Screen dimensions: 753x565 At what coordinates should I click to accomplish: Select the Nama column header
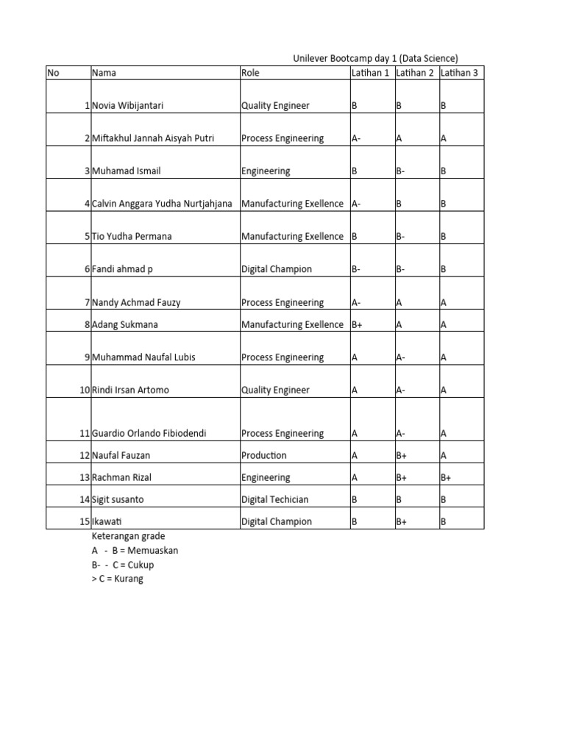pyautogui.click(x=104, y=73)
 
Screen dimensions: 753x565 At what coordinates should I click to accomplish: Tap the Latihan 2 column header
pyautogui.click(x=415, y=73)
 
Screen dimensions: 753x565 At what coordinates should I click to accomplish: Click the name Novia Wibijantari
pyautogui.click(x=128, y=105)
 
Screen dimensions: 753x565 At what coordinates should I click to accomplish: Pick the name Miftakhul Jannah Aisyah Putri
pyautogui.click(x=153, y=138)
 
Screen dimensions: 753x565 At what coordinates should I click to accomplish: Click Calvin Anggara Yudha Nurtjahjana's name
pyautogui.click(x=162, y=204)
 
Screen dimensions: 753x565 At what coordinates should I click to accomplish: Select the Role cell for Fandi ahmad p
pyautogui.click(x=277, y=269)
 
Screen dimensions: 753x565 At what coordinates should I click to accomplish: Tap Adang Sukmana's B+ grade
pyautogui.click(x=358, y=324)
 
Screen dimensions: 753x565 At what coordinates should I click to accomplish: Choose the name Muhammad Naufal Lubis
pyautogui.click(x=143, y=357)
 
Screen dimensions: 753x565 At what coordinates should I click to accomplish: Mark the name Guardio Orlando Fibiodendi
pyautogui.click(x=149, y=433)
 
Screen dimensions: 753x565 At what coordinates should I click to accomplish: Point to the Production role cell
pyautogui.click(x=264, y=455)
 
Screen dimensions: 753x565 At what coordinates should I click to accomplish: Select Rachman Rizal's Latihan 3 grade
pyautogui.click(x=446, y=477)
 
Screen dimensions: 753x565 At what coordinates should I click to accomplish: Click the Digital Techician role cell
pyautogui.click(x=275, y=499)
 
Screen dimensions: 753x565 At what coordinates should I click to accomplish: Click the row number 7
pyautogui.click(x=87, y=302)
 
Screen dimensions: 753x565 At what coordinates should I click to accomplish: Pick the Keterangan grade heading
pyautogui.click(x=129, y=535)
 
